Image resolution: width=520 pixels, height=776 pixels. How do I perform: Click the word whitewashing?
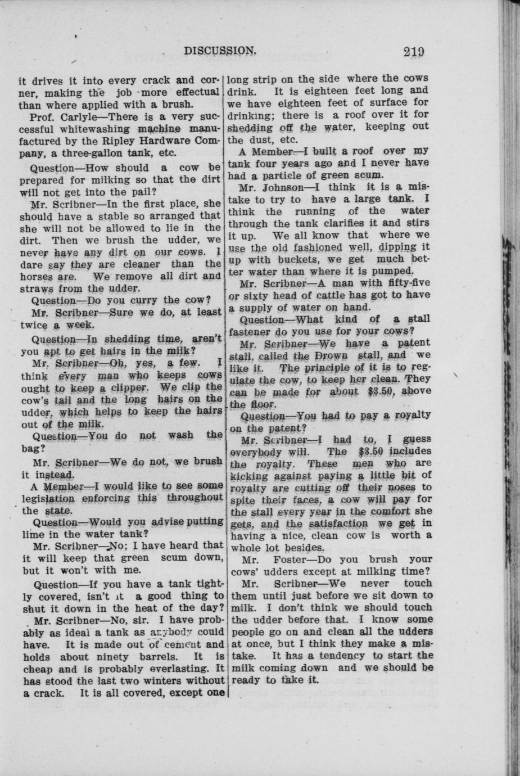tap(84, 129)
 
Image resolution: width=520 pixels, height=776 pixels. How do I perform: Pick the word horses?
tap(37, 277)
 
